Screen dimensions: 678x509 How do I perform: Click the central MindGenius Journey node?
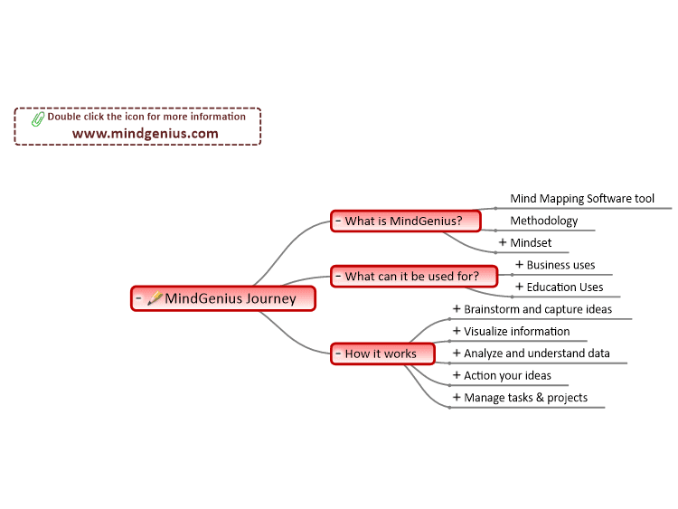coord(223,298)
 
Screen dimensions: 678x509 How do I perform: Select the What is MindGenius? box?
coord(406,221)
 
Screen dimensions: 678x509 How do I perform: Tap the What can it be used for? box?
coord(414,277)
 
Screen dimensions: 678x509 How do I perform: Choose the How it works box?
coord(382,353)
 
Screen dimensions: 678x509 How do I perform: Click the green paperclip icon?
coord(38,119)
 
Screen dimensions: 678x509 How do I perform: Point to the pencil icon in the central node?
coord(155,298)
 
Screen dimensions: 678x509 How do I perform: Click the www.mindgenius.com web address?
coord(146,134)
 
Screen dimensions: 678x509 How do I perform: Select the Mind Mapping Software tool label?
coord(582,199)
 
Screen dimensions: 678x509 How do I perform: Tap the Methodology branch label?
coord(544,221)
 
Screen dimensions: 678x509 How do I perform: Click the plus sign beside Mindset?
coord(503,242)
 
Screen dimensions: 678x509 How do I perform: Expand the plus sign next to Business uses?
coord(519,264)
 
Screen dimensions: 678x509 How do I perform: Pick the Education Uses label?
coord(565,287)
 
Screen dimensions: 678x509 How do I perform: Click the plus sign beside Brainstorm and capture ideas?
coord(457,308)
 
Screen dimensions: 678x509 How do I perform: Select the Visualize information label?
coord(517,331)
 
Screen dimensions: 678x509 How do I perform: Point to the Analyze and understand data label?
coord(537,353)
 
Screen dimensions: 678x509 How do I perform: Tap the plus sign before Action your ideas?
coord(457,375)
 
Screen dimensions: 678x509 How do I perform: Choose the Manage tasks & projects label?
coord(526,398)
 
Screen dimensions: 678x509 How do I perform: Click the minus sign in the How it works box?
coord(338,353)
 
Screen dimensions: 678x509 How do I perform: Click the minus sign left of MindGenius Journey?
coord(138,298)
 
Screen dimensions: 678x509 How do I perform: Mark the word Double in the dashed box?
coord(64,117)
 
